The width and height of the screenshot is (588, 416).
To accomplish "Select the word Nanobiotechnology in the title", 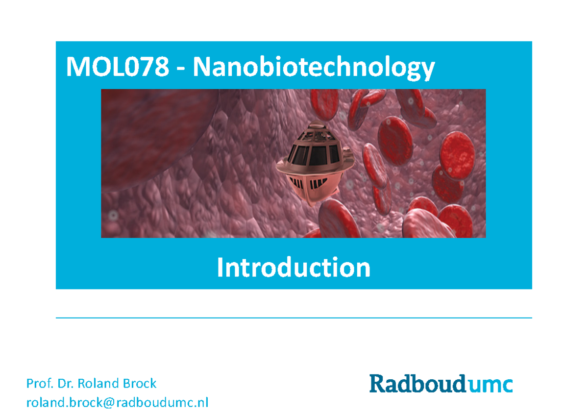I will click(314, 68).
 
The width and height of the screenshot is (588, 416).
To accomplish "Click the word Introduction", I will click(294, 268).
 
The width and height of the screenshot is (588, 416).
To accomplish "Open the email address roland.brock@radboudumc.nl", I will click(117, 403).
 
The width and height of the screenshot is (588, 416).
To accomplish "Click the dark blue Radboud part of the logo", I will click(415, 384).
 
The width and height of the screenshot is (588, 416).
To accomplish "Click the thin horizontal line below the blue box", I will click(294, 318).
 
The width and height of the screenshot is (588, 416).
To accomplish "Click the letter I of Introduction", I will click(220, 268).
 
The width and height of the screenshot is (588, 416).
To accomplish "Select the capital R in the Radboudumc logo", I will click(379, 384).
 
